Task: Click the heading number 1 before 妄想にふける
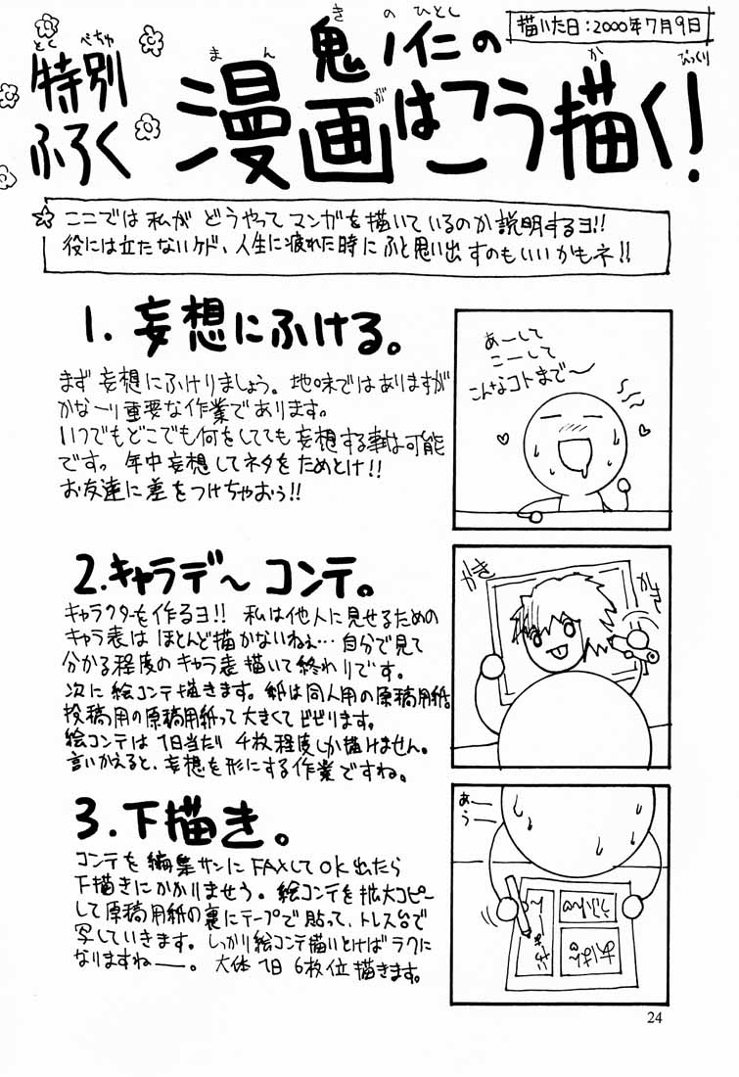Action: tap(94, 332)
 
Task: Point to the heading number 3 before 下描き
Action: tap(92, 817)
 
